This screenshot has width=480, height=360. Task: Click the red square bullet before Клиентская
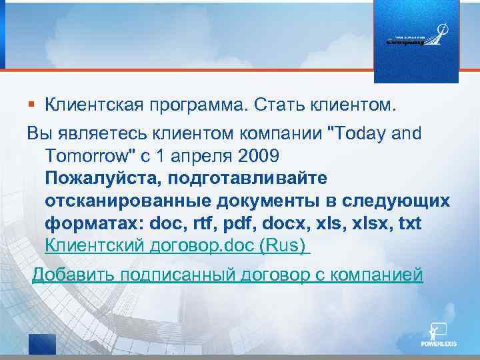coord(31,105)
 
